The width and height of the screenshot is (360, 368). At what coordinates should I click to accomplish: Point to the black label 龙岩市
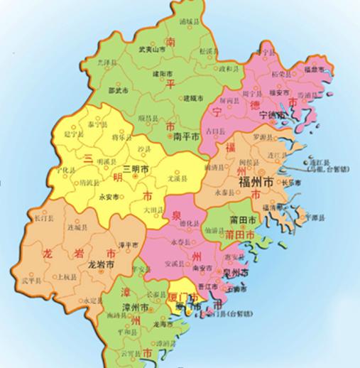[102, 264]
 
